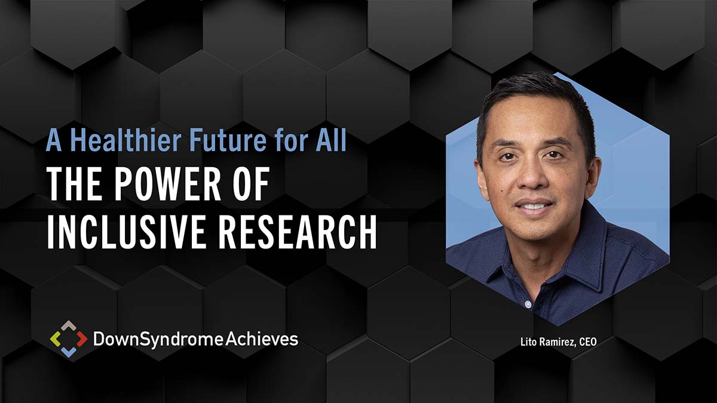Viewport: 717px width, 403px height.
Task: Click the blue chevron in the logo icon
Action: click(x=69, y=352)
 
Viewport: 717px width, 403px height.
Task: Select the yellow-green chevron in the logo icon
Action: click(x=56, y=339)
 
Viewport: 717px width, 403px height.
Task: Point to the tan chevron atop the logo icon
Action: click(x=69, y=325)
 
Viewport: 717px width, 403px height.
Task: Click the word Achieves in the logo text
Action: click(x=262, y=339)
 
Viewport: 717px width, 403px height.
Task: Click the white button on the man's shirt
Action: click(x=528, y=304)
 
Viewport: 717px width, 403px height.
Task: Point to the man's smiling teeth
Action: click(x=532, y=205)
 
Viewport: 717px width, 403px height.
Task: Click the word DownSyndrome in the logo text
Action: click(x=158, y=340)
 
